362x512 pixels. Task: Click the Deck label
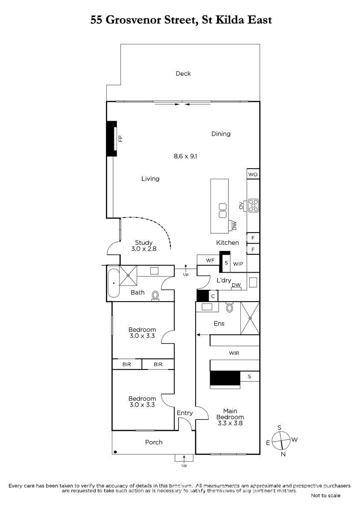point(183,73)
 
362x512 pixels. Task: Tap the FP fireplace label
point(120,139)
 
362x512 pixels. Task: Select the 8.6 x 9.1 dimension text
point(185,156)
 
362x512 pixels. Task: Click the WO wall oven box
point(253,174)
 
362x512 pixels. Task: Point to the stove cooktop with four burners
point(254,205)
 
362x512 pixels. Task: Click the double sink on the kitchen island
point(222,210)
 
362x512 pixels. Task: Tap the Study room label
point(143,242)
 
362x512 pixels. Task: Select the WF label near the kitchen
point(210,260)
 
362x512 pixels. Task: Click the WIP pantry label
point(238,264)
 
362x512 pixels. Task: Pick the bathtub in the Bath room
point(114,283)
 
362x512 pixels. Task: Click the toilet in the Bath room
point(155,296)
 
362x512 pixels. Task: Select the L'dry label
point(224,280)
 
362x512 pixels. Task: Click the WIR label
point(234,353)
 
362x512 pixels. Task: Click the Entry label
point(184,413)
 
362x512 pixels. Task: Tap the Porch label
point(154,442)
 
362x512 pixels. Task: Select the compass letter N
point(283,454)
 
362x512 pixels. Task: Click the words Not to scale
point(325,495)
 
